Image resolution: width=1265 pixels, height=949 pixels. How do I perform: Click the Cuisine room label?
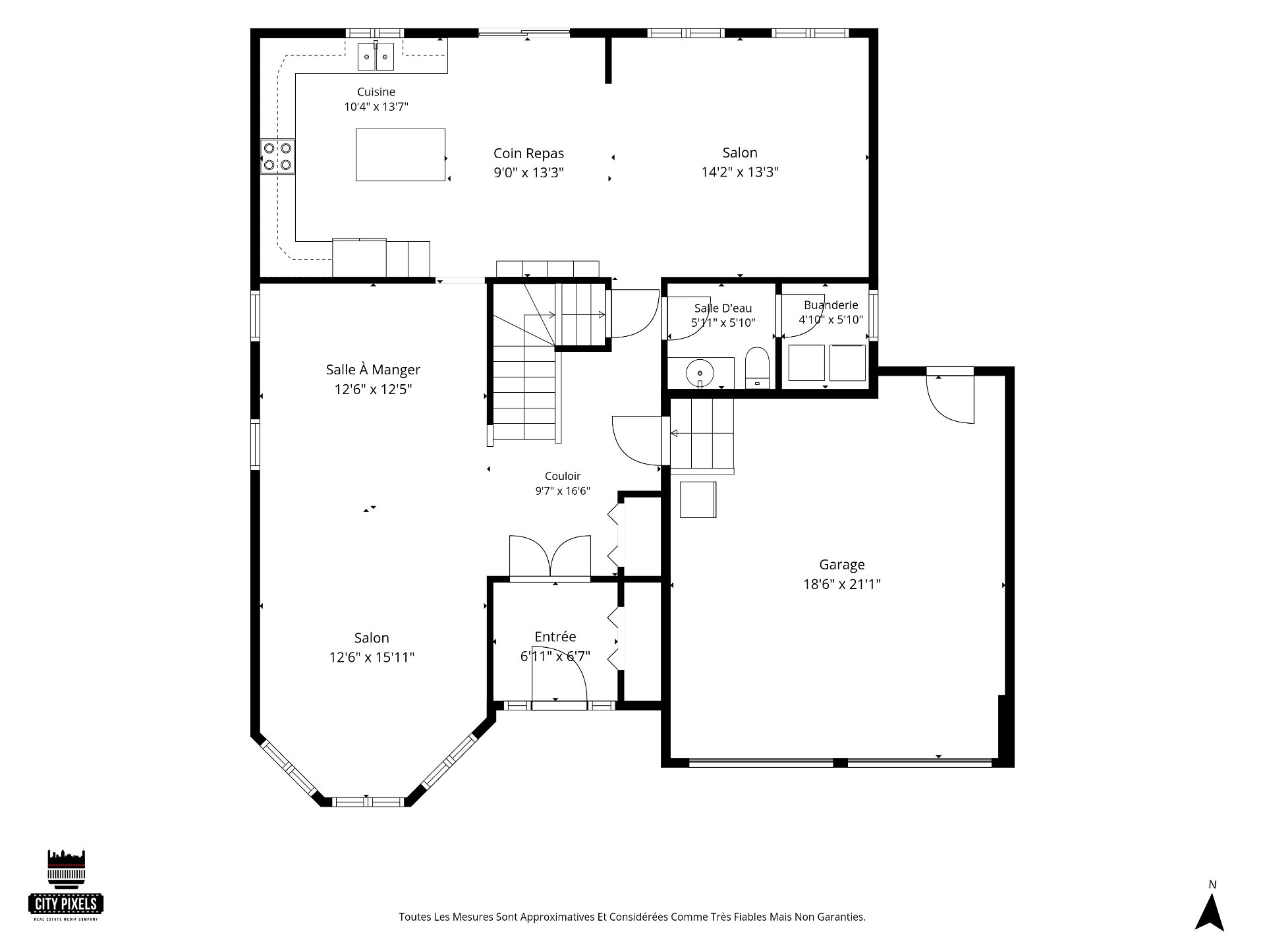click(376, 92)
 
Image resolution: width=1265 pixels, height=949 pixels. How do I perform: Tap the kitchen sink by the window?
click(376, 57)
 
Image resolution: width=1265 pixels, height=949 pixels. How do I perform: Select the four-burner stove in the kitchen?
click(277, 157)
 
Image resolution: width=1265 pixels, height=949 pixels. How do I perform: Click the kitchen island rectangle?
click(401, 154)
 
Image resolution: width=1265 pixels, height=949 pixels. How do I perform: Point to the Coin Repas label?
click(528, 154)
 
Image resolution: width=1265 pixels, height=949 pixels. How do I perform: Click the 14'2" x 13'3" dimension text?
click(740, 172)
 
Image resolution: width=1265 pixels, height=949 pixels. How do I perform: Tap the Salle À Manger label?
click(373, 369)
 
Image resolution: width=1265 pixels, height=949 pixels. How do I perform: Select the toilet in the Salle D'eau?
click(757, 368)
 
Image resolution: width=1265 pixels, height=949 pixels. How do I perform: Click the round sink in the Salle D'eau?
click(700, 374)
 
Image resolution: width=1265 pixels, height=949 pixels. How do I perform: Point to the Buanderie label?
click(831, 305)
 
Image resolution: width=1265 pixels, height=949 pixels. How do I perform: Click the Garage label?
click(842, 565)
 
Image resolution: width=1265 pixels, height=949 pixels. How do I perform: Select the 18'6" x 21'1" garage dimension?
click(842, 584)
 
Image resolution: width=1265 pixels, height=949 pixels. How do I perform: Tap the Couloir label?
click(563, 476)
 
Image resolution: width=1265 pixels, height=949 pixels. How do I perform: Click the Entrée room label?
click(555, 637)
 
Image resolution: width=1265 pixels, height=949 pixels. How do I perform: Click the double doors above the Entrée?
click(550, 558)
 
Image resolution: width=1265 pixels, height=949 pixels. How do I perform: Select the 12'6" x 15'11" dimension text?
click(372, 657)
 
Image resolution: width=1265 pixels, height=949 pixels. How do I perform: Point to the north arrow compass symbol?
click(1210, 912)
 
